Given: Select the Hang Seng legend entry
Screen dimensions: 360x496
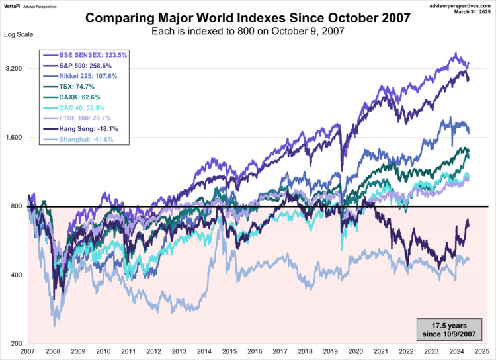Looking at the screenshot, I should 83,128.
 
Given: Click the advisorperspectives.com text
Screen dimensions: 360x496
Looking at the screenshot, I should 454,5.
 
